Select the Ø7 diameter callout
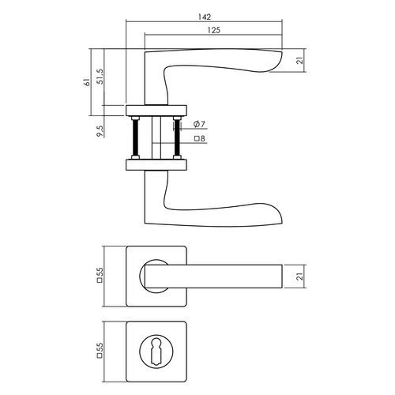(200, 125)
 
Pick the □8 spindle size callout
(199, 140)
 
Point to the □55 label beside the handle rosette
(100, 276)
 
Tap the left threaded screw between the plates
(137, 138)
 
